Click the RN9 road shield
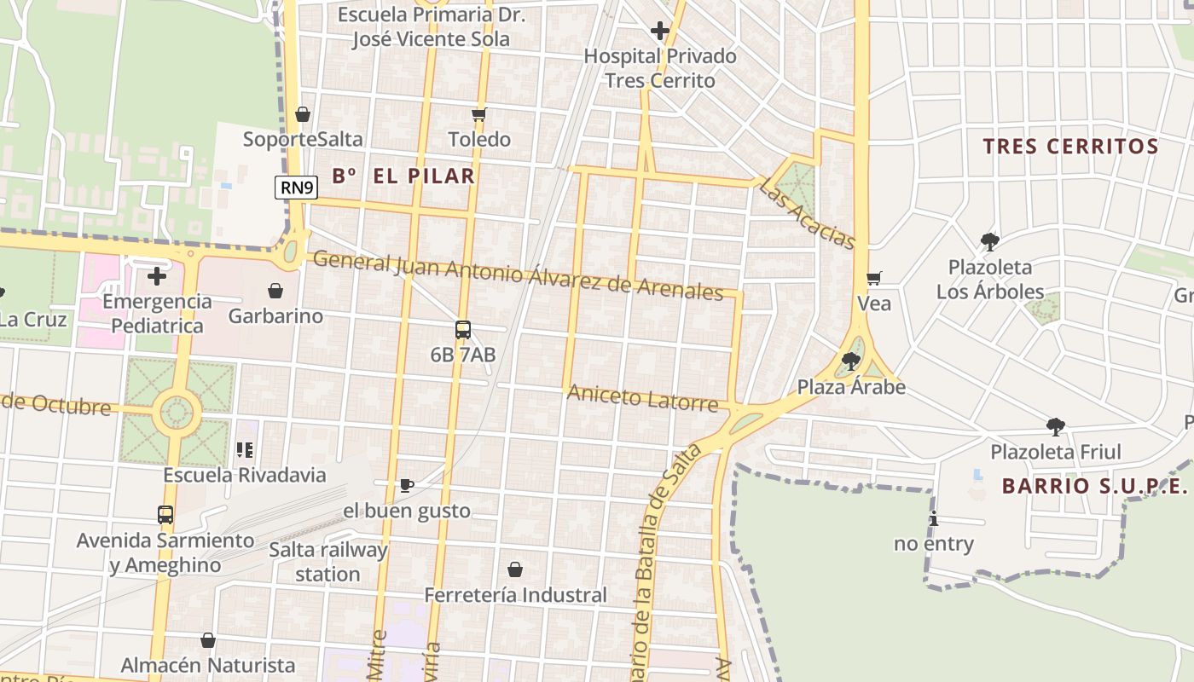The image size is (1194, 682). (296, 188)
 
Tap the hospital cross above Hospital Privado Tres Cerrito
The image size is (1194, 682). (659, 32)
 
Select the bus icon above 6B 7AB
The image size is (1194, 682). (463, 330)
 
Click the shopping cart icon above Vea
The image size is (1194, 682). (873, 279)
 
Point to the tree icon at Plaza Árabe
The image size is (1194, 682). (850, 361)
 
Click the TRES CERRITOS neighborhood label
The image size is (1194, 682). (1070, 147)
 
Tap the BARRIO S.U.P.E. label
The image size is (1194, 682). (1094, 486)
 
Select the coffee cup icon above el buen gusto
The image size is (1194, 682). (407, 485)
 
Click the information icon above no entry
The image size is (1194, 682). (934, 518)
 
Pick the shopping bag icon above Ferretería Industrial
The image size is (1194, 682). (515, 569)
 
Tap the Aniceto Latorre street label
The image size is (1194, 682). (642, 397)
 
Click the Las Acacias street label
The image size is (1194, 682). (806, 214)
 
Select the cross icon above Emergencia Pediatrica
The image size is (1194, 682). (157, 276)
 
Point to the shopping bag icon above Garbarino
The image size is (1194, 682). (275, 292)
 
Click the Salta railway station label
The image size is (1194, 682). (328, 562)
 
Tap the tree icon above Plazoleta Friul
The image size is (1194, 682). (1056, 426)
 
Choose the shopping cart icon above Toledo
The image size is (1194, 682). (478, 115)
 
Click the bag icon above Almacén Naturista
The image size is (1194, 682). (208, 640)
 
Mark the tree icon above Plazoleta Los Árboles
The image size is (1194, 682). (989, 242)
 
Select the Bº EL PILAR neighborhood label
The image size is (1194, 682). (403, 176)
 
